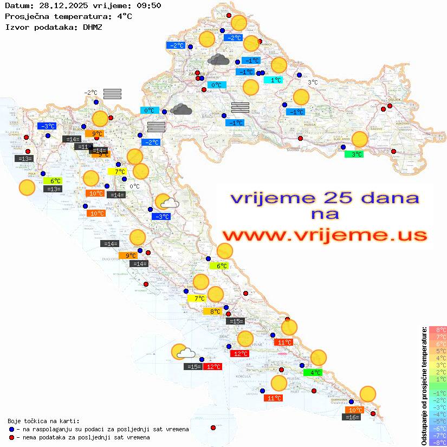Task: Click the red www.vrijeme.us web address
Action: tap(324, 235)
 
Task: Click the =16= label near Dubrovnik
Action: tap(352, 417)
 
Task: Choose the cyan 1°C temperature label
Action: tap(273, 80)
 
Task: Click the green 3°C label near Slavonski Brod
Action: tap(354, 154)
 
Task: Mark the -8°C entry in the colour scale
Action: tap(437, 442)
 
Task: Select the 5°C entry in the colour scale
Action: tap(437, 351)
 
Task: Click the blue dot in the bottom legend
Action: tap(11, 429)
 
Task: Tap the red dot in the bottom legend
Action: tap(11, 437)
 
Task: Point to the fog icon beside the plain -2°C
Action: tap(112, 93)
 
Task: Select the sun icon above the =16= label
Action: tap(368, 394)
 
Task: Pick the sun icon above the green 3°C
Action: tap(359, 139)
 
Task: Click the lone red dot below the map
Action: tap(213, 427)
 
